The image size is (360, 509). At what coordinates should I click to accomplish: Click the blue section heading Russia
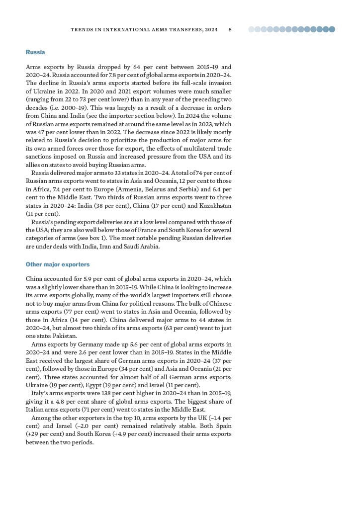click(x=35, y=52)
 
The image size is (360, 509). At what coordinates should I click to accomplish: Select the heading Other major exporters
click(x=58, y=264)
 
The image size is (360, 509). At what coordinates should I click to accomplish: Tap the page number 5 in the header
click(x=230, y=30)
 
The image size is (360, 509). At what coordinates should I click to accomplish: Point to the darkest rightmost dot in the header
click(x=332, y=29)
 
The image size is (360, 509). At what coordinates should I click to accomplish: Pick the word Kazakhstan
click(x=216, y=205)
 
